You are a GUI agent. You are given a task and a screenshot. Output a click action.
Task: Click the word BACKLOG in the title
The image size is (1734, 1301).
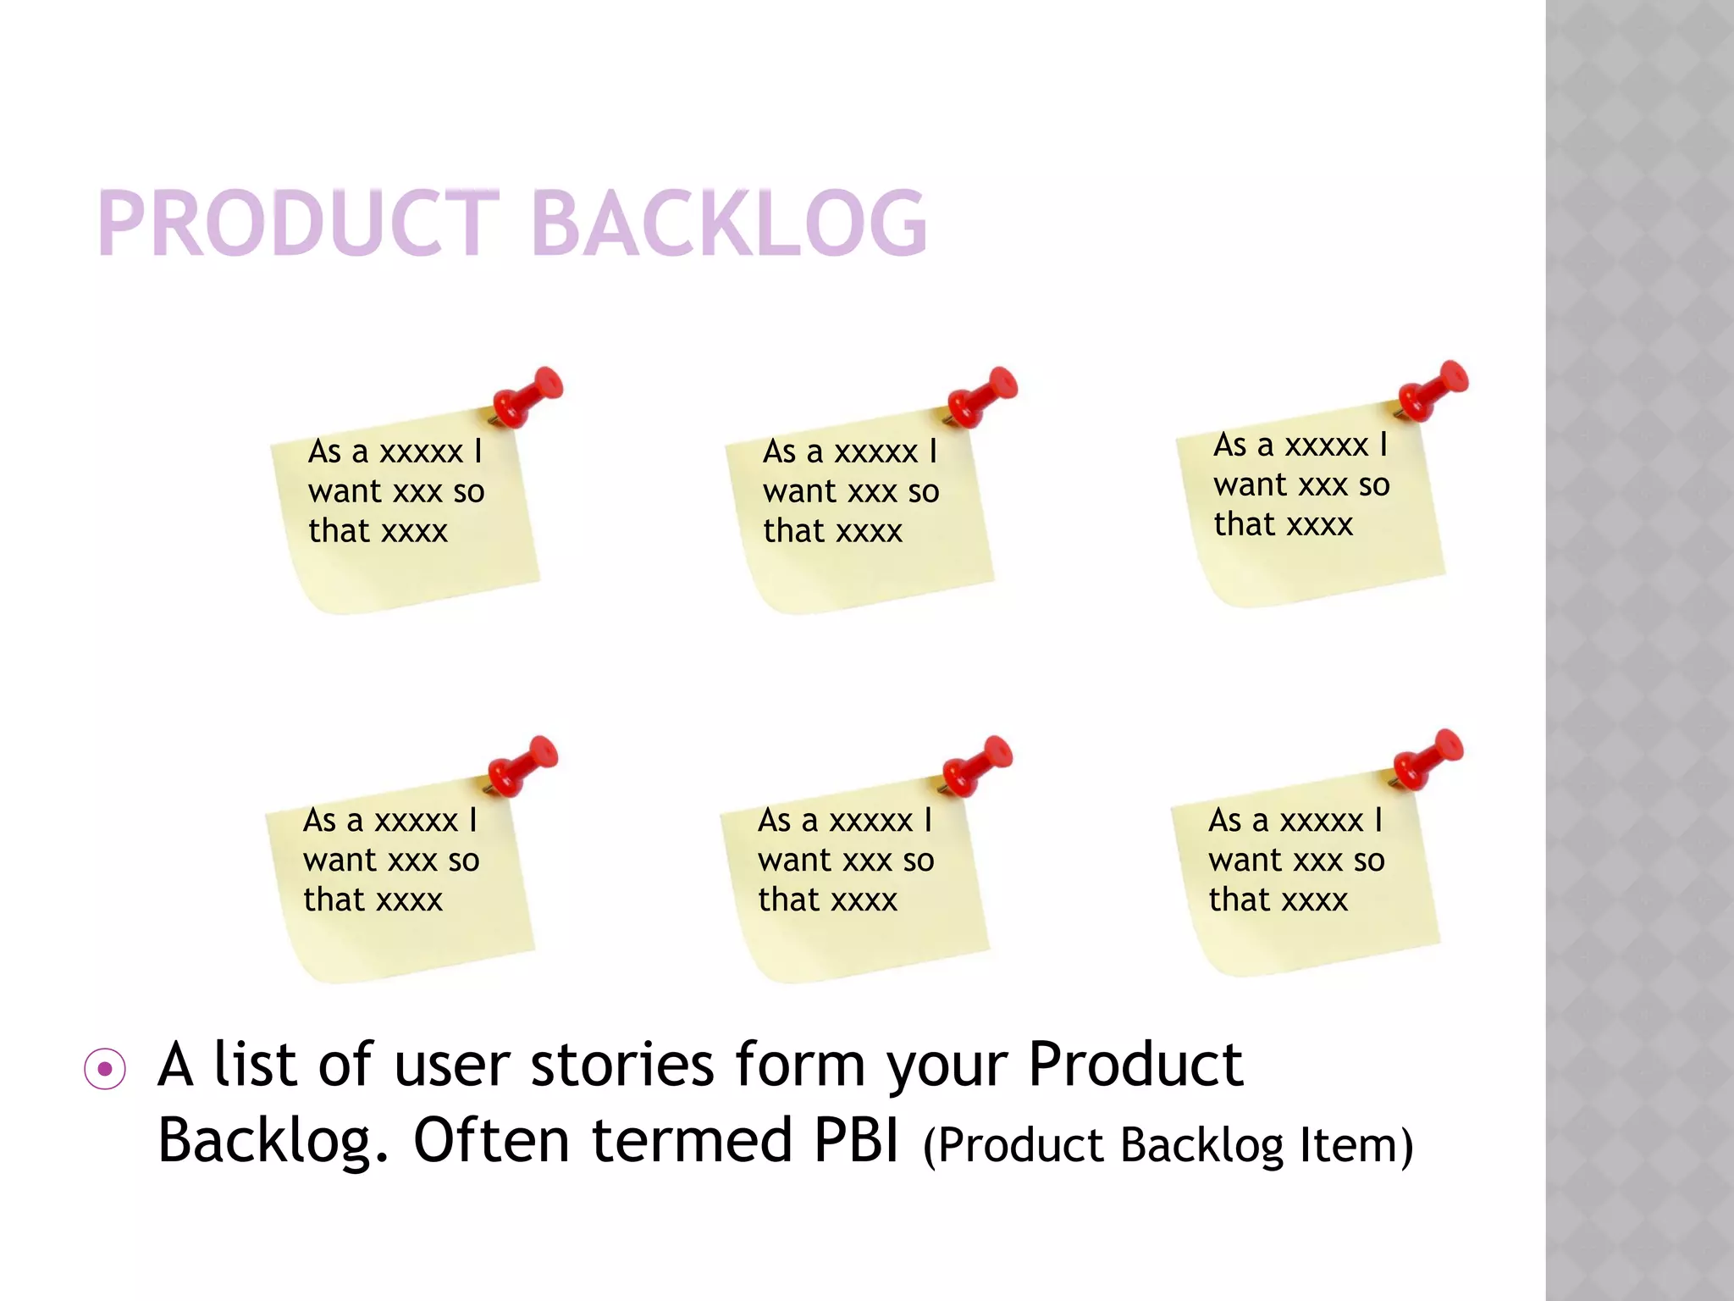pos(730,223)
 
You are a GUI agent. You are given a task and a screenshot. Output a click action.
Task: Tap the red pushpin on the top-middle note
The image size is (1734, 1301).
pos(983,396)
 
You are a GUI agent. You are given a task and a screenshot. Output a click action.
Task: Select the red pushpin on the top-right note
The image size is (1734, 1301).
pos(1433,390)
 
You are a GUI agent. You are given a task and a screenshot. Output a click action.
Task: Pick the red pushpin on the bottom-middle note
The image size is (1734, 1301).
pos(978,766)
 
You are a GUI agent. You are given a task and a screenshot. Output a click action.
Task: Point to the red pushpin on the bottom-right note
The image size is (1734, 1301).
pos(1428,758)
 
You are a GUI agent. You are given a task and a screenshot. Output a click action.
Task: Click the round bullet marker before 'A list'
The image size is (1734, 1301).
pos(105,1069)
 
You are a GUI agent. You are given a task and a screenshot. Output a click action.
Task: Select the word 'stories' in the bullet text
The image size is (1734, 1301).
pos(622,1065)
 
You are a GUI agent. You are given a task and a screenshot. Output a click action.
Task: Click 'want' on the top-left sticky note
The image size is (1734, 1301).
pos(345,491)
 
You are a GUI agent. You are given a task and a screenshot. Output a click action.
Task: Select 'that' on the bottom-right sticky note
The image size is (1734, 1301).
pos(1239,900)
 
